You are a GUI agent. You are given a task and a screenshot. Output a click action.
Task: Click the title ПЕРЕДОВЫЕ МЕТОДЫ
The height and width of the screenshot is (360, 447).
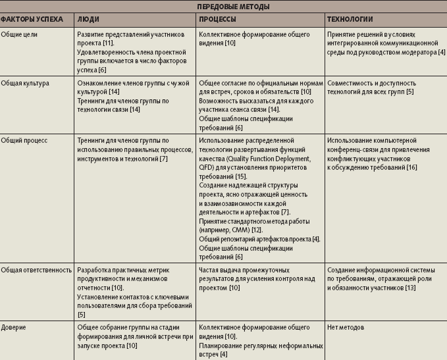223,6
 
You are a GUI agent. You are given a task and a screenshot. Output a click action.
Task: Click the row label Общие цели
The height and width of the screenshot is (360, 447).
18,33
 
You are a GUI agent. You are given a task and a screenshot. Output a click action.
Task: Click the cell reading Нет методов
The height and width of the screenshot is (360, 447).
348,327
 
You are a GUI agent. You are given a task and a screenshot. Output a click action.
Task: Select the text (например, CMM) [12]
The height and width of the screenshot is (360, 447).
230,230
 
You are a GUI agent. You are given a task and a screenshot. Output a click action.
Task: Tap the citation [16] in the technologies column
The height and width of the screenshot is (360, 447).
411,167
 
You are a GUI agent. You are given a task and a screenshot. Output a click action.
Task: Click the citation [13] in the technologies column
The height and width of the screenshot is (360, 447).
411,288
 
